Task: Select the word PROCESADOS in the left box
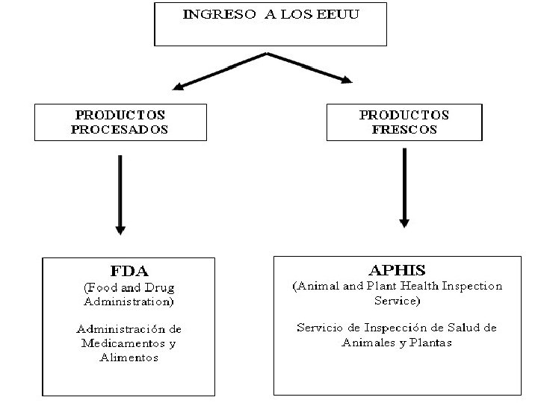(120, 129)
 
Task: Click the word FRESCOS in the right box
(404, 129)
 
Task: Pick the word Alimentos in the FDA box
(129, 357)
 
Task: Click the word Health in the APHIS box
(420, 287)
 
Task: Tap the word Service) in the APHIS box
(397, 301)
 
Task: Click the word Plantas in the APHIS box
(429, 342)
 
